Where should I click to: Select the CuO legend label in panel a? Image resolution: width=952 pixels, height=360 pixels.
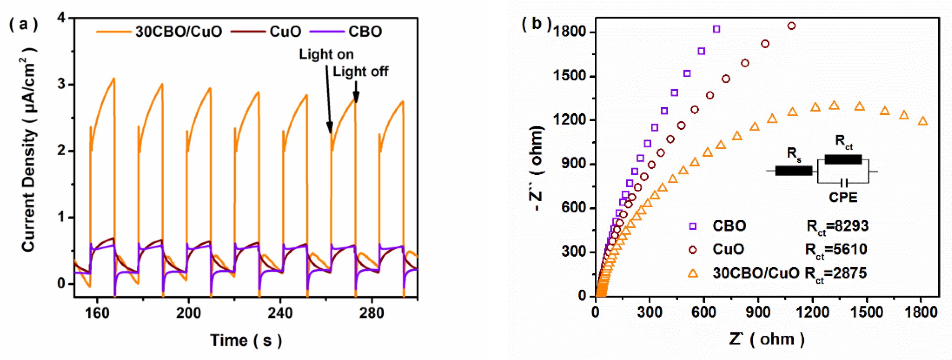[x=285, y=32]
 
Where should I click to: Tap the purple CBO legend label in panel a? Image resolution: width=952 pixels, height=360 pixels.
[x=365, y=32]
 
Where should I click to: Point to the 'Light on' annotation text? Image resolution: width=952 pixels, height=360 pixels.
[x=326, y=55]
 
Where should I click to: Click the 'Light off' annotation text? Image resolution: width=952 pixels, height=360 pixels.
[x=360, y=72]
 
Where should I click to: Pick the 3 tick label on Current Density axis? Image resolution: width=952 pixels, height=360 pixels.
[x=61, y=84]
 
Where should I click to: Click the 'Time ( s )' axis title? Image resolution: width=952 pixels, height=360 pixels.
[x=246, y=340]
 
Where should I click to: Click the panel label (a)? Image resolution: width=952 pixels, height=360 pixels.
[x=23, y=25]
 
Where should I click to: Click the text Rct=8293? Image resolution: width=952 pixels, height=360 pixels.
[x=837, y=226]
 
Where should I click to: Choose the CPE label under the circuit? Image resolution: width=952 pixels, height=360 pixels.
[x=843, y=197]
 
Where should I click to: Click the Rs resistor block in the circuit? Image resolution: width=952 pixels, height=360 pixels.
[x=793, y=170]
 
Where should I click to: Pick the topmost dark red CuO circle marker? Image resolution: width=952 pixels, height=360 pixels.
[x=791, y=26]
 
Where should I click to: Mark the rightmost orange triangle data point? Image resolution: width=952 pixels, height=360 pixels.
[x=923, y=121]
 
